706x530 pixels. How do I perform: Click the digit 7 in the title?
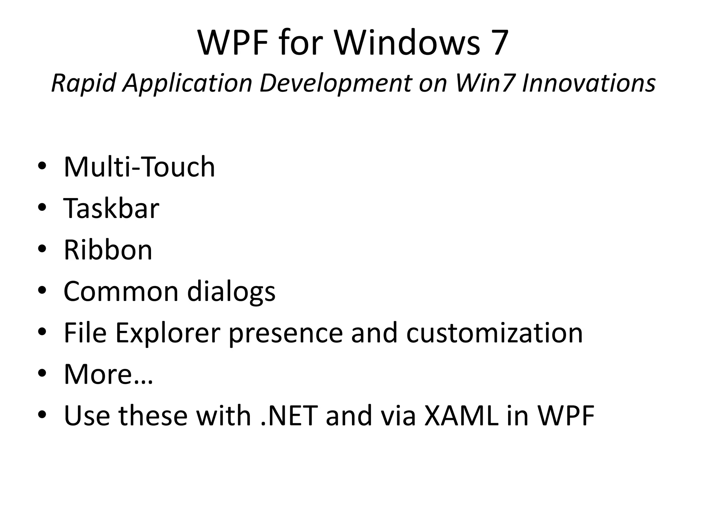(496, 43)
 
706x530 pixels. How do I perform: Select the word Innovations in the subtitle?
(588, 83)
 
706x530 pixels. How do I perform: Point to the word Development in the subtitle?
(335, 83)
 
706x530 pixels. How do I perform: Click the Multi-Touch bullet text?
(139, 167)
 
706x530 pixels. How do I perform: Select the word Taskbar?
(111, 208)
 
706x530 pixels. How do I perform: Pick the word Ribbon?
(108, 250)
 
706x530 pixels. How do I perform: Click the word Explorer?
(168, 333)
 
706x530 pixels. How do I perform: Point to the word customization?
(494, 333)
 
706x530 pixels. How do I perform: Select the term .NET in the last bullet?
(289, 415)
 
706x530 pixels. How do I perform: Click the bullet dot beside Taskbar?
(42, 208)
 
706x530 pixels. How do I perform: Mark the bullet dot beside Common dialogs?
(42, 291)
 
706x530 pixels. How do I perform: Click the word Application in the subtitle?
(188, 83)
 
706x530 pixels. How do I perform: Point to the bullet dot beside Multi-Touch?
(42, 167)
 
